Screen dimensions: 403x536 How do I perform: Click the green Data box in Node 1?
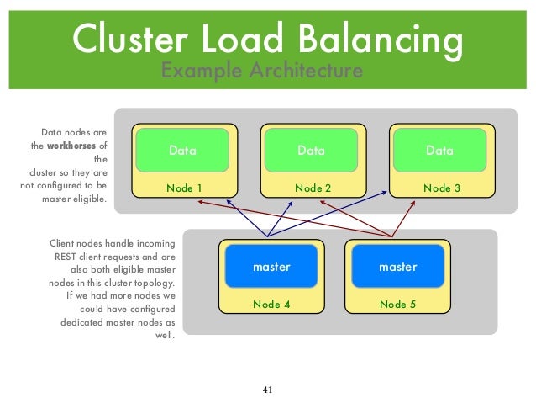(182, 151)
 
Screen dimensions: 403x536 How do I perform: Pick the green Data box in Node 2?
(311, 151)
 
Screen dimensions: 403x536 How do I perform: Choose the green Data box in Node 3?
(439, 151)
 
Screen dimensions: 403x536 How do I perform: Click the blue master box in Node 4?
(271, 267)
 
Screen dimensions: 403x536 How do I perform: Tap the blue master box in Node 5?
(397, 267)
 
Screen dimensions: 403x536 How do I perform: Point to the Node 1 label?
(184, 188)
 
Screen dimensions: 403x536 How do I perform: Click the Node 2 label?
(313, 188)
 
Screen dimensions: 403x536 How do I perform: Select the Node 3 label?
(441, 188)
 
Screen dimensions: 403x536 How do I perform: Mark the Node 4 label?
(271, 305)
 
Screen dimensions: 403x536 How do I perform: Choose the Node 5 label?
(398, 305)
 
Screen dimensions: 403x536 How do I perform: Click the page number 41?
(268, 390)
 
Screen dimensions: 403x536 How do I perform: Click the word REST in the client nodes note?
(68, 256)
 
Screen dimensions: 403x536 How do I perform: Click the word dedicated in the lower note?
(82, 322)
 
